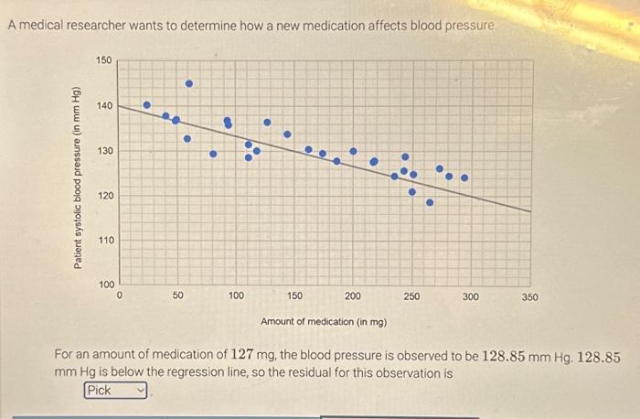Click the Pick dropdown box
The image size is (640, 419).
click(115, 391)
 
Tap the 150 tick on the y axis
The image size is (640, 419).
click(103, 60)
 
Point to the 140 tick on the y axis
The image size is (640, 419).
click(103, 106)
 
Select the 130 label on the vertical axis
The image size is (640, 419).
click(103, 151)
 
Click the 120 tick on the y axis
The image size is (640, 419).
click(103, 196)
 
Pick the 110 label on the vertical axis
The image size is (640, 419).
click(103, 241)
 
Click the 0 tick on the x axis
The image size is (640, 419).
click(120, 296)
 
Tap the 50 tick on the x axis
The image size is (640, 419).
click(177, 296)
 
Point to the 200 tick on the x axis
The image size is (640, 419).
click(353, 296)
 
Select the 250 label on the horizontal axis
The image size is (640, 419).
click(411, 296)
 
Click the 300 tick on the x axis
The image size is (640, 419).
click(470, 296)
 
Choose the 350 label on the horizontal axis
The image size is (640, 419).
click(529, 296)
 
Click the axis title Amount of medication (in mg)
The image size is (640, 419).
click(324, 322)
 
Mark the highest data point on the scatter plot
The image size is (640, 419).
click(189, 83)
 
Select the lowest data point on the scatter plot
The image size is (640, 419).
click(430, 202)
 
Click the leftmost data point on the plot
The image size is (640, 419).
click(146, 105)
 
